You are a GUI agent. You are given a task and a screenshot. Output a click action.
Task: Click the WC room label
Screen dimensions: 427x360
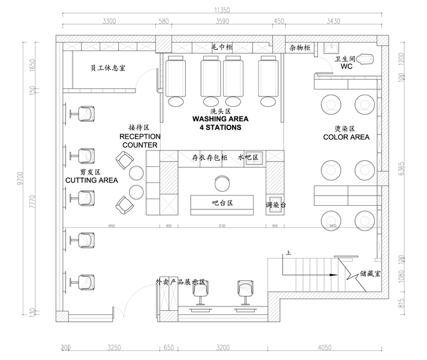pos(346,67)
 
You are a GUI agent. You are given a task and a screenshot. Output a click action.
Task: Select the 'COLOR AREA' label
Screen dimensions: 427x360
pos(346,137)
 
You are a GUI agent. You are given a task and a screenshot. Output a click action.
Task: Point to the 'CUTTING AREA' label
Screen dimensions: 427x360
pos(91,180)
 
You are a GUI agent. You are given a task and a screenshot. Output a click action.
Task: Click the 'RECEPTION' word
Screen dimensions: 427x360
pos(139,137)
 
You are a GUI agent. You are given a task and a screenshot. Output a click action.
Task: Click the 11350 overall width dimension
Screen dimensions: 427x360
pos(222,10)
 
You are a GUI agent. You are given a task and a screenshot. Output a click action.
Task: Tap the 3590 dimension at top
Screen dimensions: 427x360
pos(222,22)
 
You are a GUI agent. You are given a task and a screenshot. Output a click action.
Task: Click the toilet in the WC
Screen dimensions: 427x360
pos(368,58)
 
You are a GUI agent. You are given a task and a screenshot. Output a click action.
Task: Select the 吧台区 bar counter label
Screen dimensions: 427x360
pos(222,203)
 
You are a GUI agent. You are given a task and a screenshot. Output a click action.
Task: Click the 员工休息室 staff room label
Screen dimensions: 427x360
pos(107,67)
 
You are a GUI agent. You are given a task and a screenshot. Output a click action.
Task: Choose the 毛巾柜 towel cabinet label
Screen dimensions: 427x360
pos(222,46)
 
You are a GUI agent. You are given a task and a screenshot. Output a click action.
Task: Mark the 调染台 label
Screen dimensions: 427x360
pos(276,205)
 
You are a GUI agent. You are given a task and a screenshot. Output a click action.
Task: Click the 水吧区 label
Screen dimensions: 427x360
pos(248,157)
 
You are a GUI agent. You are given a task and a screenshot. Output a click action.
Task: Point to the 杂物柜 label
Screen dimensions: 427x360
pos(299,47)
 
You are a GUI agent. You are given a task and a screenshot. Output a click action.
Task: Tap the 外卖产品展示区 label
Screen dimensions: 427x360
pos(181,281)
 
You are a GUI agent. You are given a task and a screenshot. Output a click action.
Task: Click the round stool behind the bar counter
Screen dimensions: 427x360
pos(222,181)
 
